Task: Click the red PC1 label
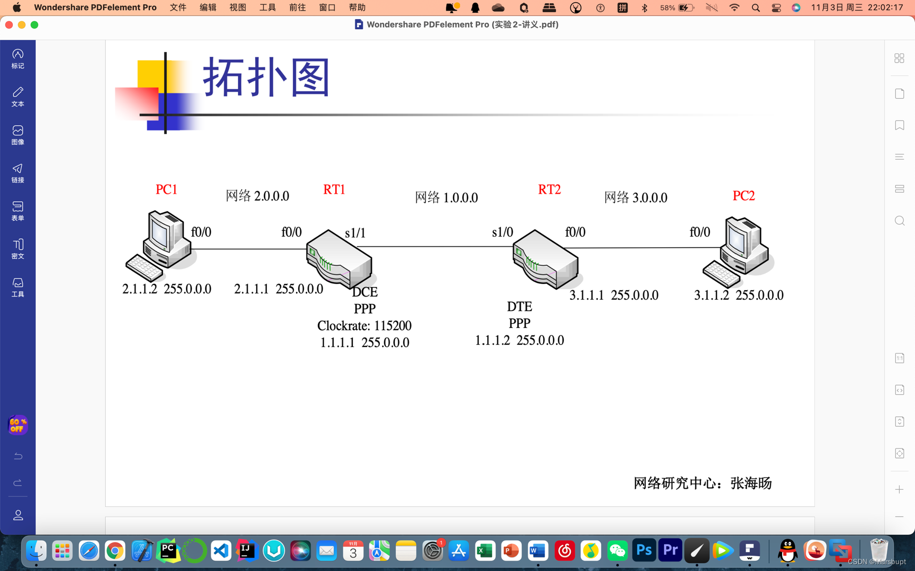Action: [166, 189]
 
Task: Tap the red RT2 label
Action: [549, 189]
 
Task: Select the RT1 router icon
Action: [339, 259]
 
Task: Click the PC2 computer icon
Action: [738, 252]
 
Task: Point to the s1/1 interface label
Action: [355, 233]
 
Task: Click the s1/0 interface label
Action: [502, 232]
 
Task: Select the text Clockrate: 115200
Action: [364, 325]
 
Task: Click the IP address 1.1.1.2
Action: [492, 340]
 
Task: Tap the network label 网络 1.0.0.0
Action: [446, 197]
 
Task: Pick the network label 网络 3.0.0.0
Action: [636, 197]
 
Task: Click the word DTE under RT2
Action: [519, 307]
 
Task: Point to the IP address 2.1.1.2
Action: [140, 289]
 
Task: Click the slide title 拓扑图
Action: [267, 77]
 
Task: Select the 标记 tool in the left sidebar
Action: [18, 58]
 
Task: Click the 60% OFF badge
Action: [18, 425]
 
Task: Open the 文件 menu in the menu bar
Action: [178, 7]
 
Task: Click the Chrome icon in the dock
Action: [115, 551]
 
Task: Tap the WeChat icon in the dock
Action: [617, 551]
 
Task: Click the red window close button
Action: [9, 24]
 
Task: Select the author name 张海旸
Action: [751, 483]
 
